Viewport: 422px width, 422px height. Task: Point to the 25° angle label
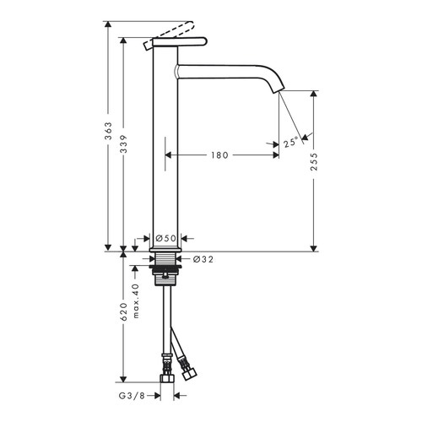[291, 143]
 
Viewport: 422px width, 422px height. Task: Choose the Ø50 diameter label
[165, 239]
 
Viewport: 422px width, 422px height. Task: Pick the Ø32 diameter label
[203, 260]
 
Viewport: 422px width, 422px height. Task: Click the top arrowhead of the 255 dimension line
[314, 92]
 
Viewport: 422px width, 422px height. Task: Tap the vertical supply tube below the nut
[165, 325]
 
